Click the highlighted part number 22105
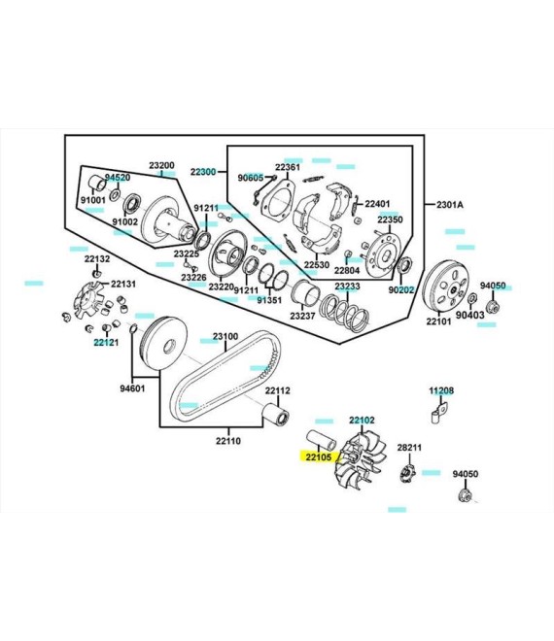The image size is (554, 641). click(319, 456)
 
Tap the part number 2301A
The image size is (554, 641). click(450, 204)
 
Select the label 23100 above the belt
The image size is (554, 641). click(225, 336)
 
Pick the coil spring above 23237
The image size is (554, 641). click(344, 313)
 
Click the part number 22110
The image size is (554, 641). click(228, 441)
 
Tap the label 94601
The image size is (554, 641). click(132, 388)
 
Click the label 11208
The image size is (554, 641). click(441, 390)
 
